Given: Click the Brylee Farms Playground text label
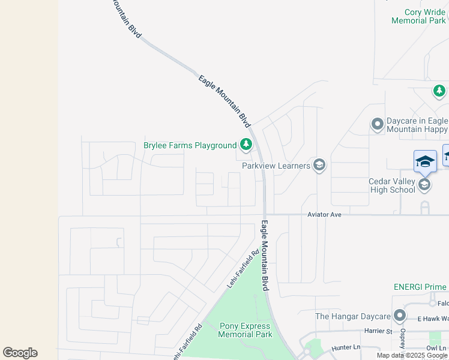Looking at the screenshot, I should click(190, 145).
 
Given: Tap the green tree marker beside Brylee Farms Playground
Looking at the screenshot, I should click(246, 144).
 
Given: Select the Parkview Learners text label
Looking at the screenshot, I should click(276, 165).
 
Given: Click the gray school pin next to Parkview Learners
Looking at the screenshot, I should click(319, 165).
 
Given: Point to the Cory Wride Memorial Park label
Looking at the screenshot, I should click(418, 16).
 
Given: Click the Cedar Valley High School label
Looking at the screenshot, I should click(391, 186).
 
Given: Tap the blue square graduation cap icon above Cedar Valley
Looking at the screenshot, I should click(424, 161).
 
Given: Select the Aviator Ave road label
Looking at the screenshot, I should click(324, 214).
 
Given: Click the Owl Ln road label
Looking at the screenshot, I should click(435, 347).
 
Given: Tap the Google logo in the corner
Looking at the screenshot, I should click(20, 353).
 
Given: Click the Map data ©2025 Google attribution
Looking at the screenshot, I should click(412, 355).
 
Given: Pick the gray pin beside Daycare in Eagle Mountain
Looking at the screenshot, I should click(377, 124).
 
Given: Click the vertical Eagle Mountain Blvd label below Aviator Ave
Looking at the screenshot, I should click(264, 256).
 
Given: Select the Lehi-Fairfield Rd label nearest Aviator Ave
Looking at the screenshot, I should click(243, 268).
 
